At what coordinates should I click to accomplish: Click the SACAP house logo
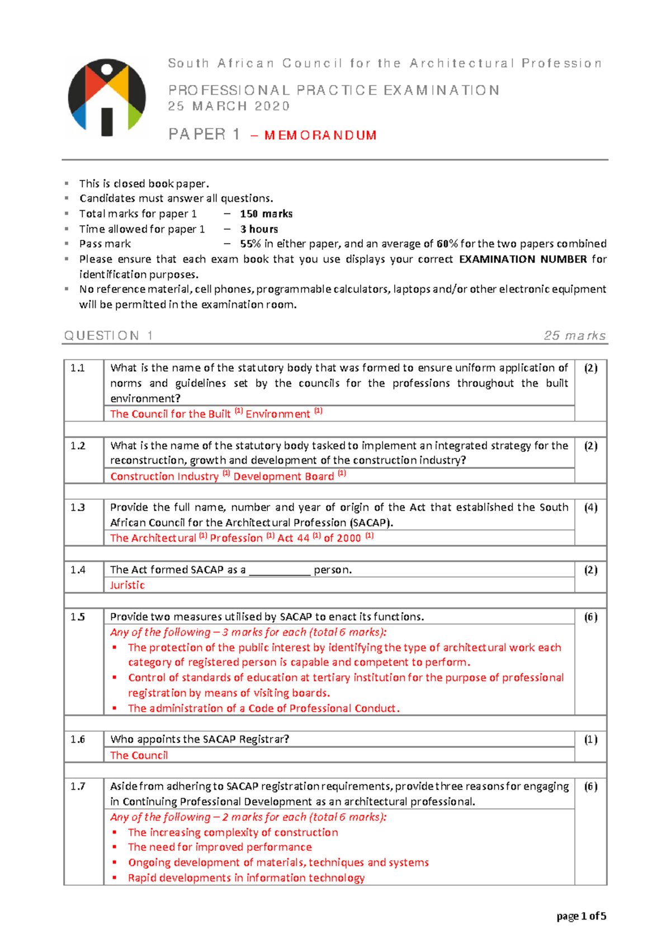[x=107, y=98]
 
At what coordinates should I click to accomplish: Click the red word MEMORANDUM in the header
[x=320, y=135]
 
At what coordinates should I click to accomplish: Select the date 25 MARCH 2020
[x=229, y=106]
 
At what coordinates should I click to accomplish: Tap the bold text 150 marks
[x=266, y=214]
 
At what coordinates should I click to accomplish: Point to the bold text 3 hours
[x=259, y=229]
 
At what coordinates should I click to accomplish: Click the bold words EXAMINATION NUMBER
[x=522, y=259]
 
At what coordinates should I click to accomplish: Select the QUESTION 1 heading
[x=108, y=335]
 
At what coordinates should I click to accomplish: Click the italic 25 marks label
[x=574, y=335]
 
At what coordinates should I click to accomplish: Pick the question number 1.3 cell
[x=78, y=508]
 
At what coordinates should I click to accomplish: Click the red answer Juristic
[x=127, y=585]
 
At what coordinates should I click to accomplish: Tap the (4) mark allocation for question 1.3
[x=590, y=508]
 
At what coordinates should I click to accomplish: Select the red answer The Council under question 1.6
[x=139, y=755]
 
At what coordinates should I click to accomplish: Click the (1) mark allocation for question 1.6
[x=590, y=740]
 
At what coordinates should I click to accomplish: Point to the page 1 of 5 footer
[x=581, y=916]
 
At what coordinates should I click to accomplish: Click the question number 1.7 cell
[x=78, y=786]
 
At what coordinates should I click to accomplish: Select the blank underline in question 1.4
[x=280, y=571]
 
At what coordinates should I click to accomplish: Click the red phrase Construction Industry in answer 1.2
[x=164, y=476]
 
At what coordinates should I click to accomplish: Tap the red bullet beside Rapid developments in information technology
[x=115, y=878]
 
